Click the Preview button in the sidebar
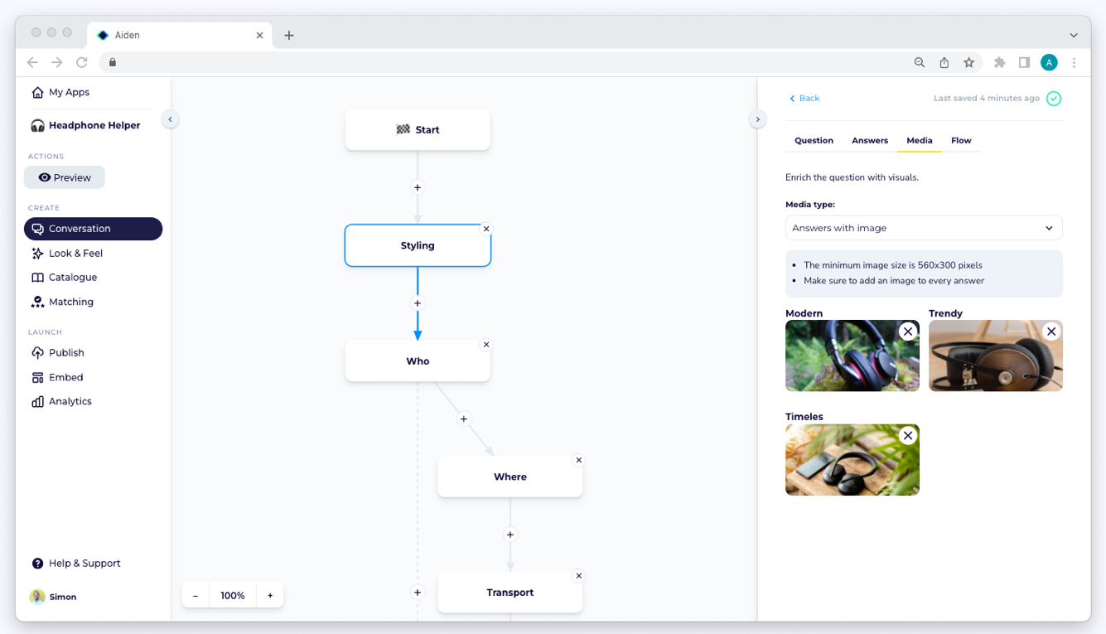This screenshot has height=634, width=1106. coord(64,177)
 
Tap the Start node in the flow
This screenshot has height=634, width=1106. coord(418,130)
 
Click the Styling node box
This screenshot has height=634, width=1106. coord(418,245)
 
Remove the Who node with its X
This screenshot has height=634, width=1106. coord(486,345)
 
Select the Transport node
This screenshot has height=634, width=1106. coord(510,593)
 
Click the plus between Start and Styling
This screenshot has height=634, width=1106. coord(418,187)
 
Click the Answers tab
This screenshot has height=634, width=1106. coord(870,141)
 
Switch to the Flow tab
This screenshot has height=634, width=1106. coord(961,141)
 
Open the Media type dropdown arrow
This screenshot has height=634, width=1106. coord(1049,228)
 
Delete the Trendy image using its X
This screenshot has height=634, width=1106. coord(1051,332)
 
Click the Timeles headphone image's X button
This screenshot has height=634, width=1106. coord(908,435)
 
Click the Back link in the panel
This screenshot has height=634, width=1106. coord(804,99)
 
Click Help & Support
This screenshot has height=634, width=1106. coord(76,564)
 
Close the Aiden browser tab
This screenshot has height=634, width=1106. coord(259,36)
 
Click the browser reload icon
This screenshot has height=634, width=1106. coord(82,63)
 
